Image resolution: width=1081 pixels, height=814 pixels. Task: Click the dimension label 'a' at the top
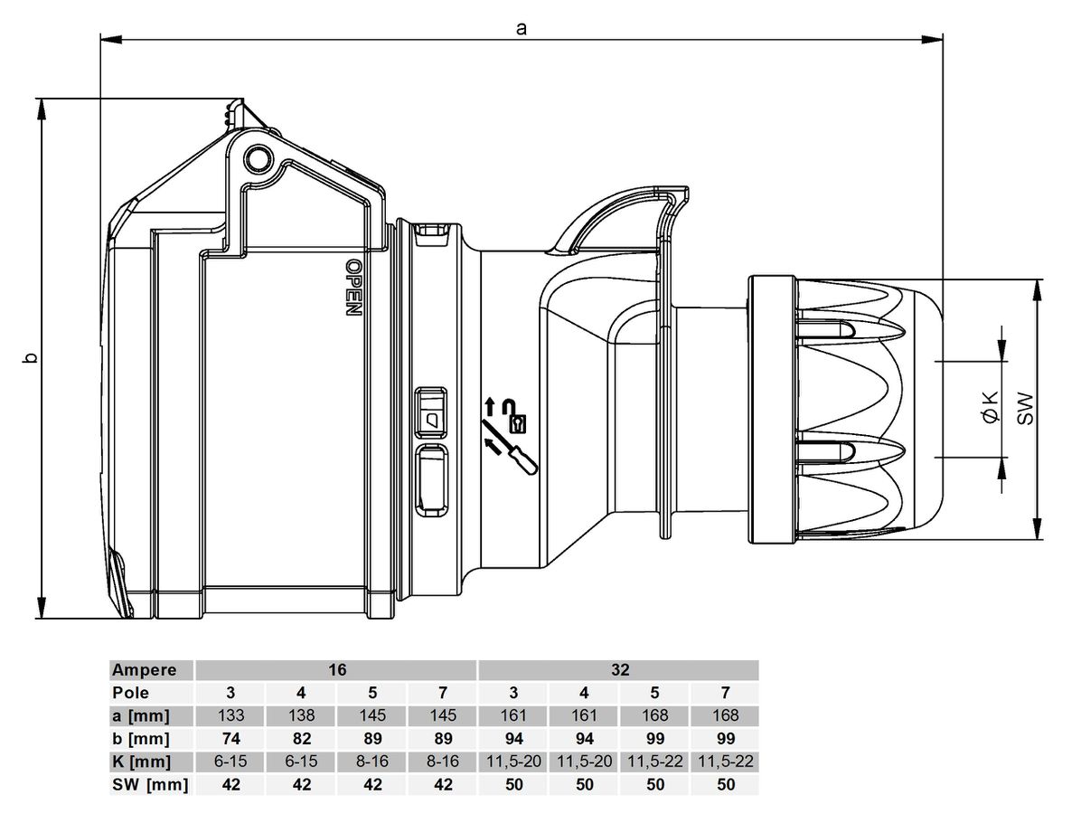[x=521, y=28]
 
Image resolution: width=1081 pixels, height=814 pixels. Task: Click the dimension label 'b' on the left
[x=30, y=358]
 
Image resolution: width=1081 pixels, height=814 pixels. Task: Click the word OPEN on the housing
[x=353, y=287]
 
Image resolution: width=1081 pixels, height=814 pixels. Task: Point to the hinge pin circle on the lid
[x=259, y=158]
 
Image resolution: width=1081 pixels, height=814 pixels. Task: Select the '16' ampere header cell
[x=336, y=670]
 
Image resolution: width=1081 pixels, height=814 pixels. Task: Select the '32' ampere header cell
[x=618, y=670]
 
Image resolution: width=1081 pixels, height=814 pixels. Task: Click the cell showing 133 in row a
[x=231, y=715]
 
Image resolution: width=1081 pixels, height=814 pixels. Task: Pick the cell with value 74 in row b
[x=231, y=738]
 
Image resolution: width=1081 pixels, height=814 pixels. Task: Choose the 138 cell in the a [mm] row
[x=302, y=715]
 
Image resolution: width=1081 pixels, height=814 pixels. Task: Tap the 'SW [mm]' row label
[x=148, y=784]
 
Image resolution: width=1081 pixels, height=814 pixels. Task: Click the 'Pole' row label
[x=130, y=693]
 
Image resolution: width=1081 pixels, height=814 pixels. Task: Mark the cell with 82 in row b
[x=302, y=738]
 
